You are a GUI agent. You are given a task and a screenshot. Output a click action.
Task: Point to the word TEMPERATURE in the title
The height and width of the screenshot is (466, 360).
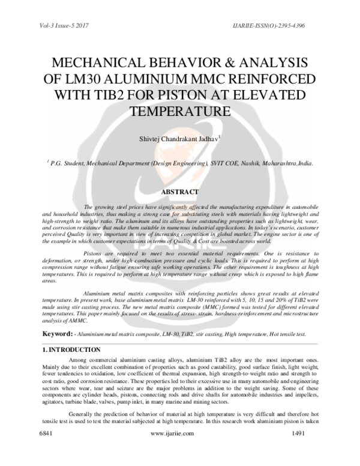[x=180, y=112]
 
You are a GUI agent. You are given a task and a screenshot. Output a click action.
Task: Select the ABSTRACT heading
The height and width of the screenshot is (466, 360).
[x=179, y=192]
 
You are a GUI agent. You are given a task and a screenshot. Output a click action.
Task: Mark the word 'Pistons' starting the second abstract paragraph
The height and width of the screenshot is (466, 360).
[x=94, y=253]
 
